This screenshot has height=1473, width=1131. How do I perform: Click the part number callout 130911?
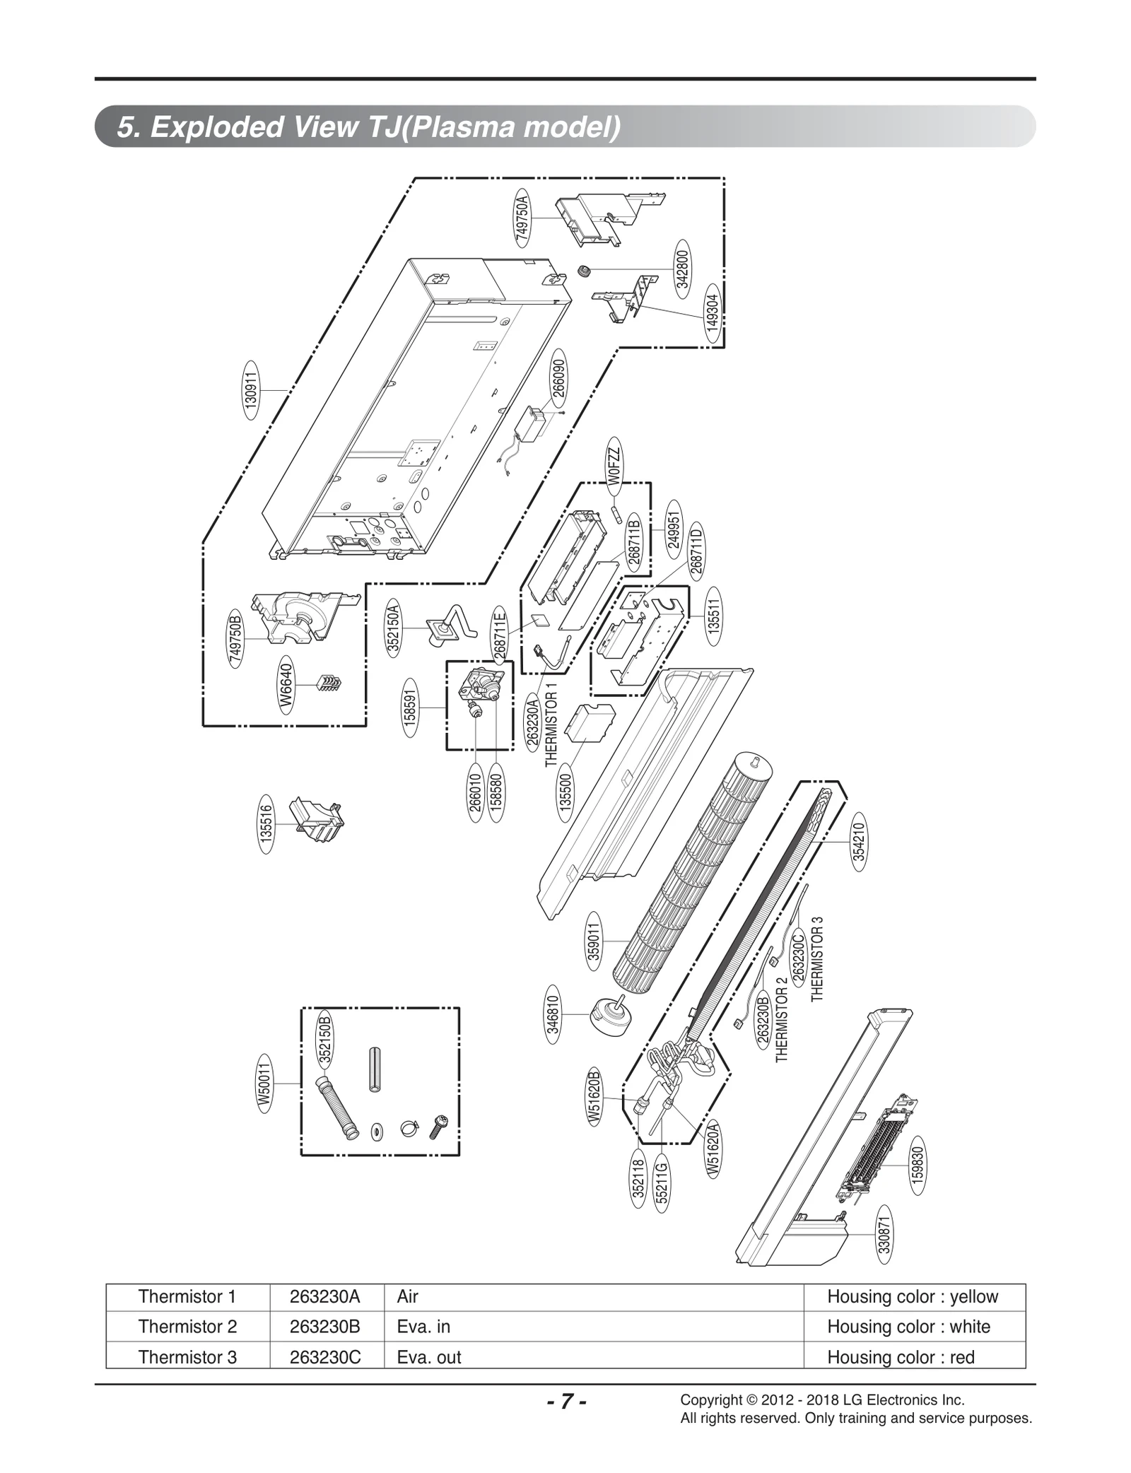pyautogui.click(x=251, y=389)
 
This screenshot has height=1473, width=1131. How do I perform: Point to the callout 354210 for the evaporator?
pyautogui.click(x=858, y=843)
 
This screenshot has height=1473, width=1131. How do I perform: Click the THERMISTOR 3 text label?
pyautogui.click(x=818, y=959)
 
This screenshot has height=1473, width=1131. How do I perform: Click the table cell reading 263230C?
pyautogui.click(x=325, y=1356)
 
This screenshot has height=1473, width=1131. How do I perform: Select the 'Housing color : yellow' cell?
pyautogui.click(x=912, y=1296)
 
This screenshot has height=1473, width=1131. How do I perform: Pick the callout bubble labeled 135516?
pyautogui.click(x=266, y=823)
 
